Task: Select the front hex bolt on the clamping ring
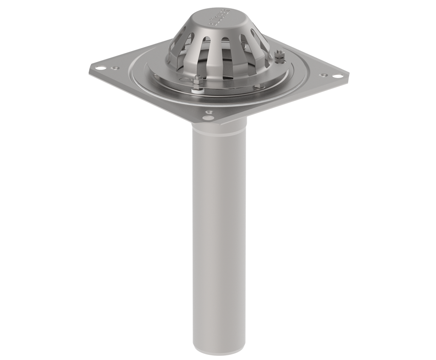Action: point(197,80)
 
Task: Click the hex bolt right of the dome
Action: point(279,55)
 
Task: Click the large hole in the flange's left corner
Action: point(99,68)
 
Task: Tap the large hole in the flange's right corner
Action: point(337,76)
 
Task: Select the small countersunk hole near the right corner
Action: point(324,75)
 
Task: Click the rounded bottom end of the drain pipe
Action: point(219,351)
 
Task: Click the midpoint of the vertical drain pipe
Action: point(219,238)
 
